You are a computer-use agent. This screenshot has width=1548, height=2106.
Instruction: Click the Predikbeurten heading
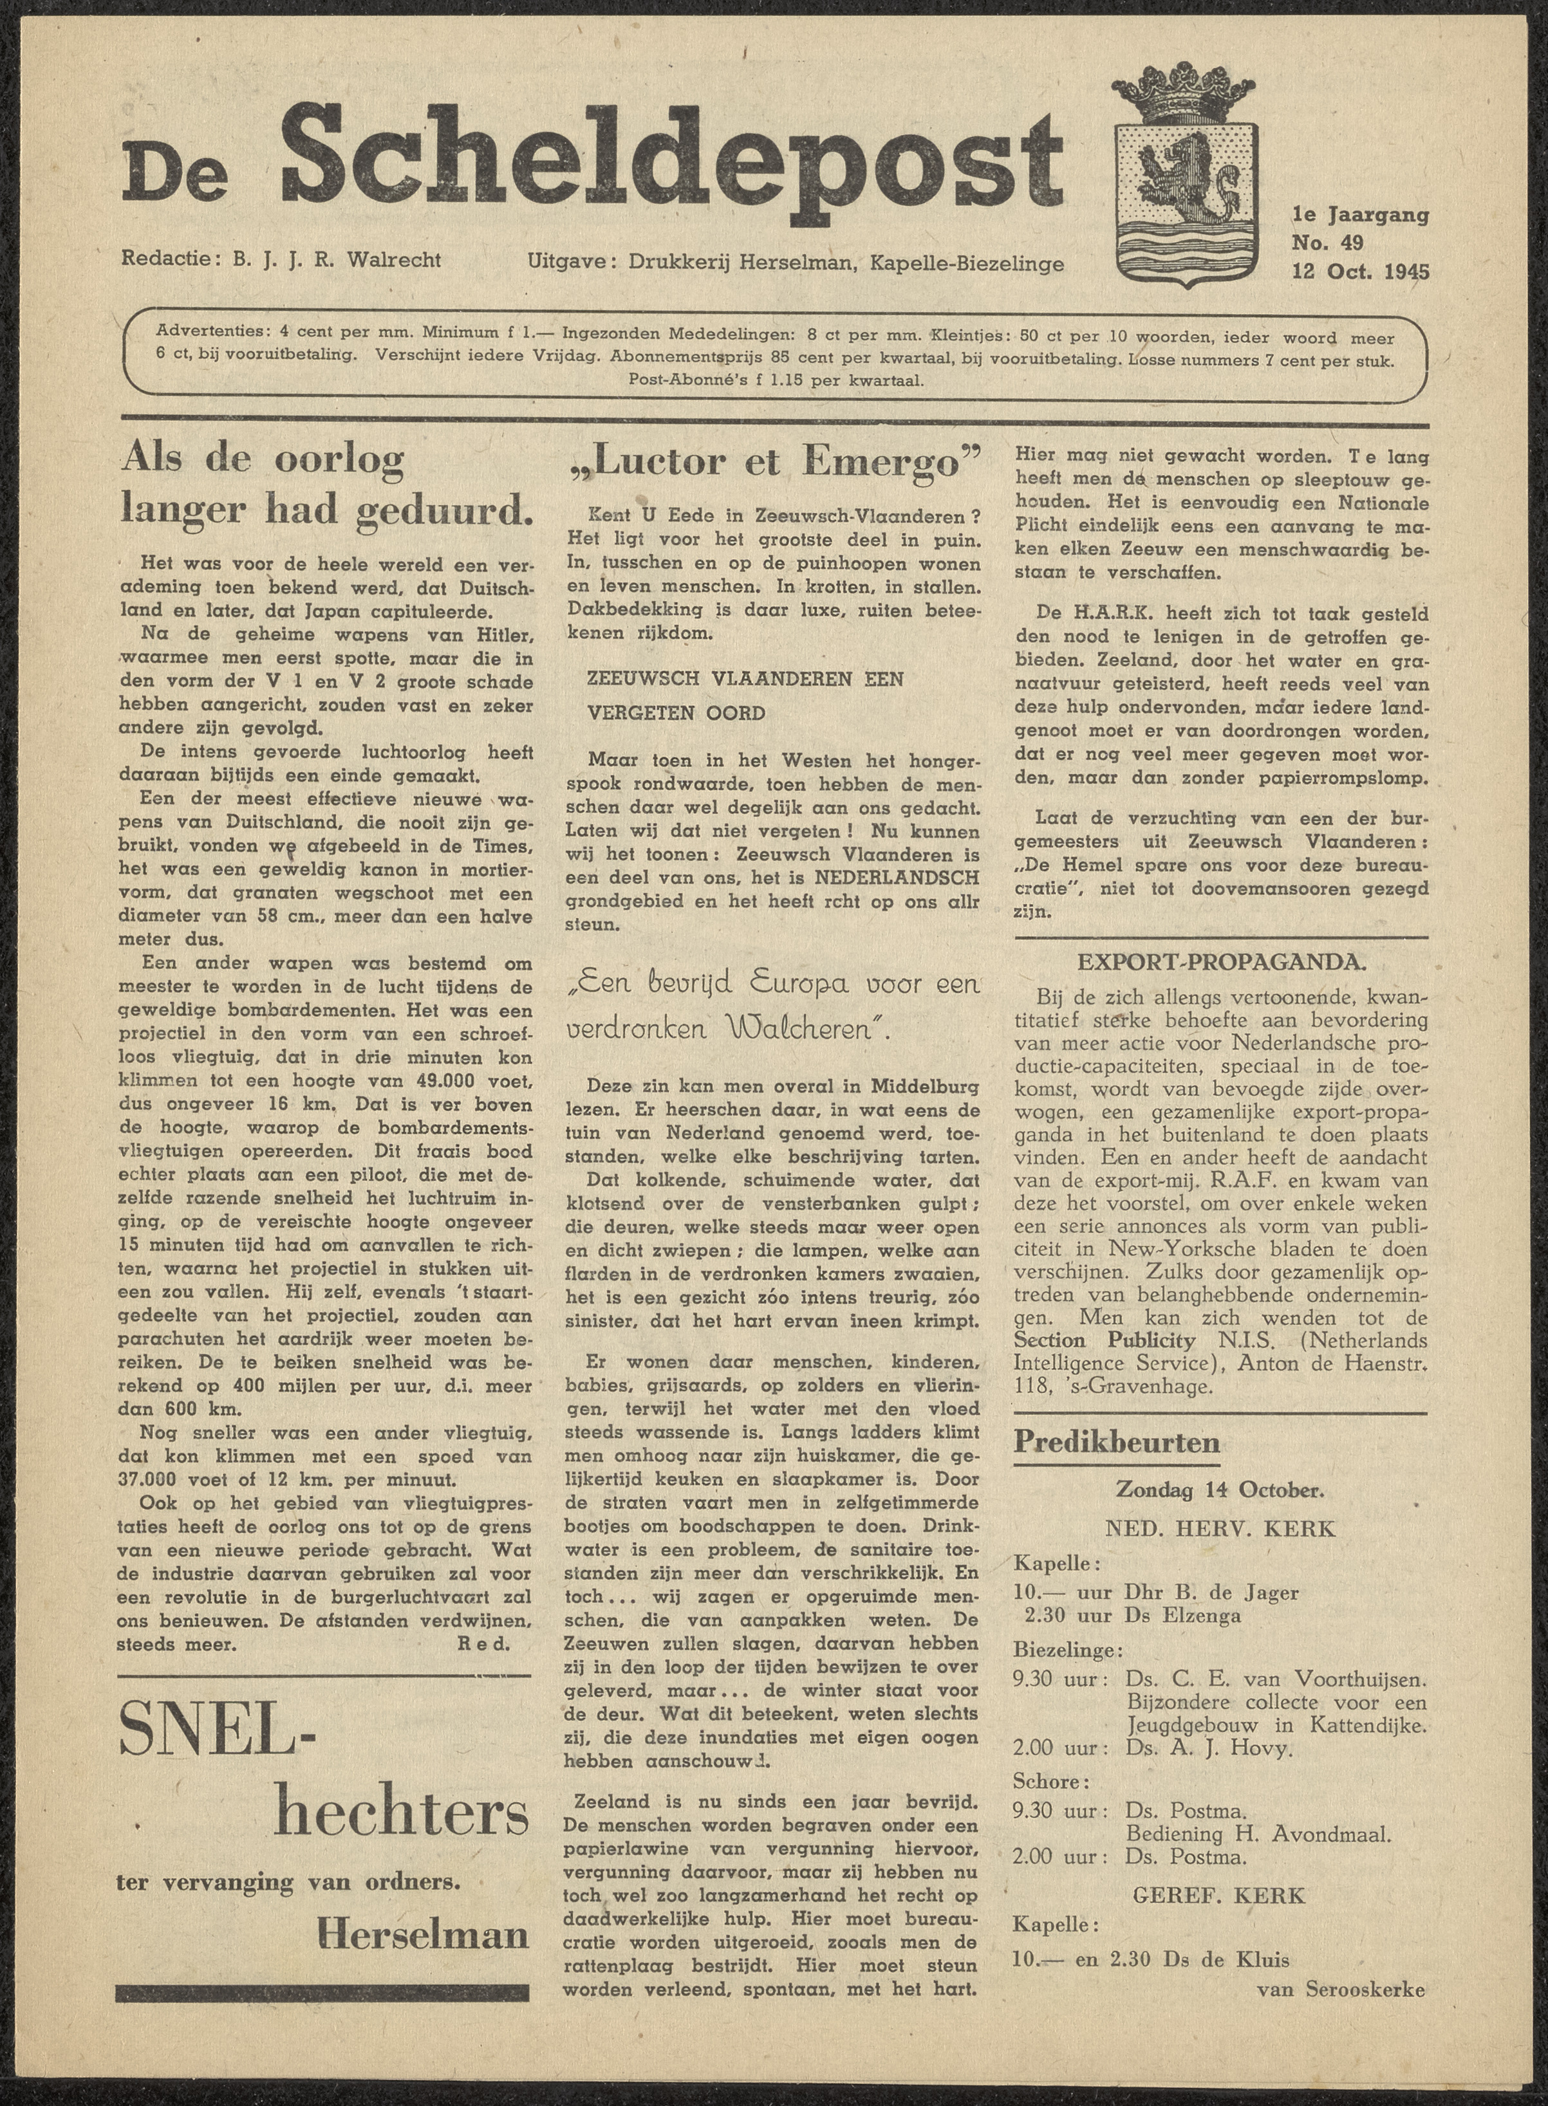tap(1117, 1440)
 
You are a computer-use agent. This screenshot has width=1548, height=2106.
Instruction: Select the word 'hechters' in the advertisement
tap(401, 1816)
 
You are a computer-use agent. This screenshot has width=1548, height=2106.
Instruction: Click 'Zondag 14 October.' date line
tap(1219, 1489)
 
